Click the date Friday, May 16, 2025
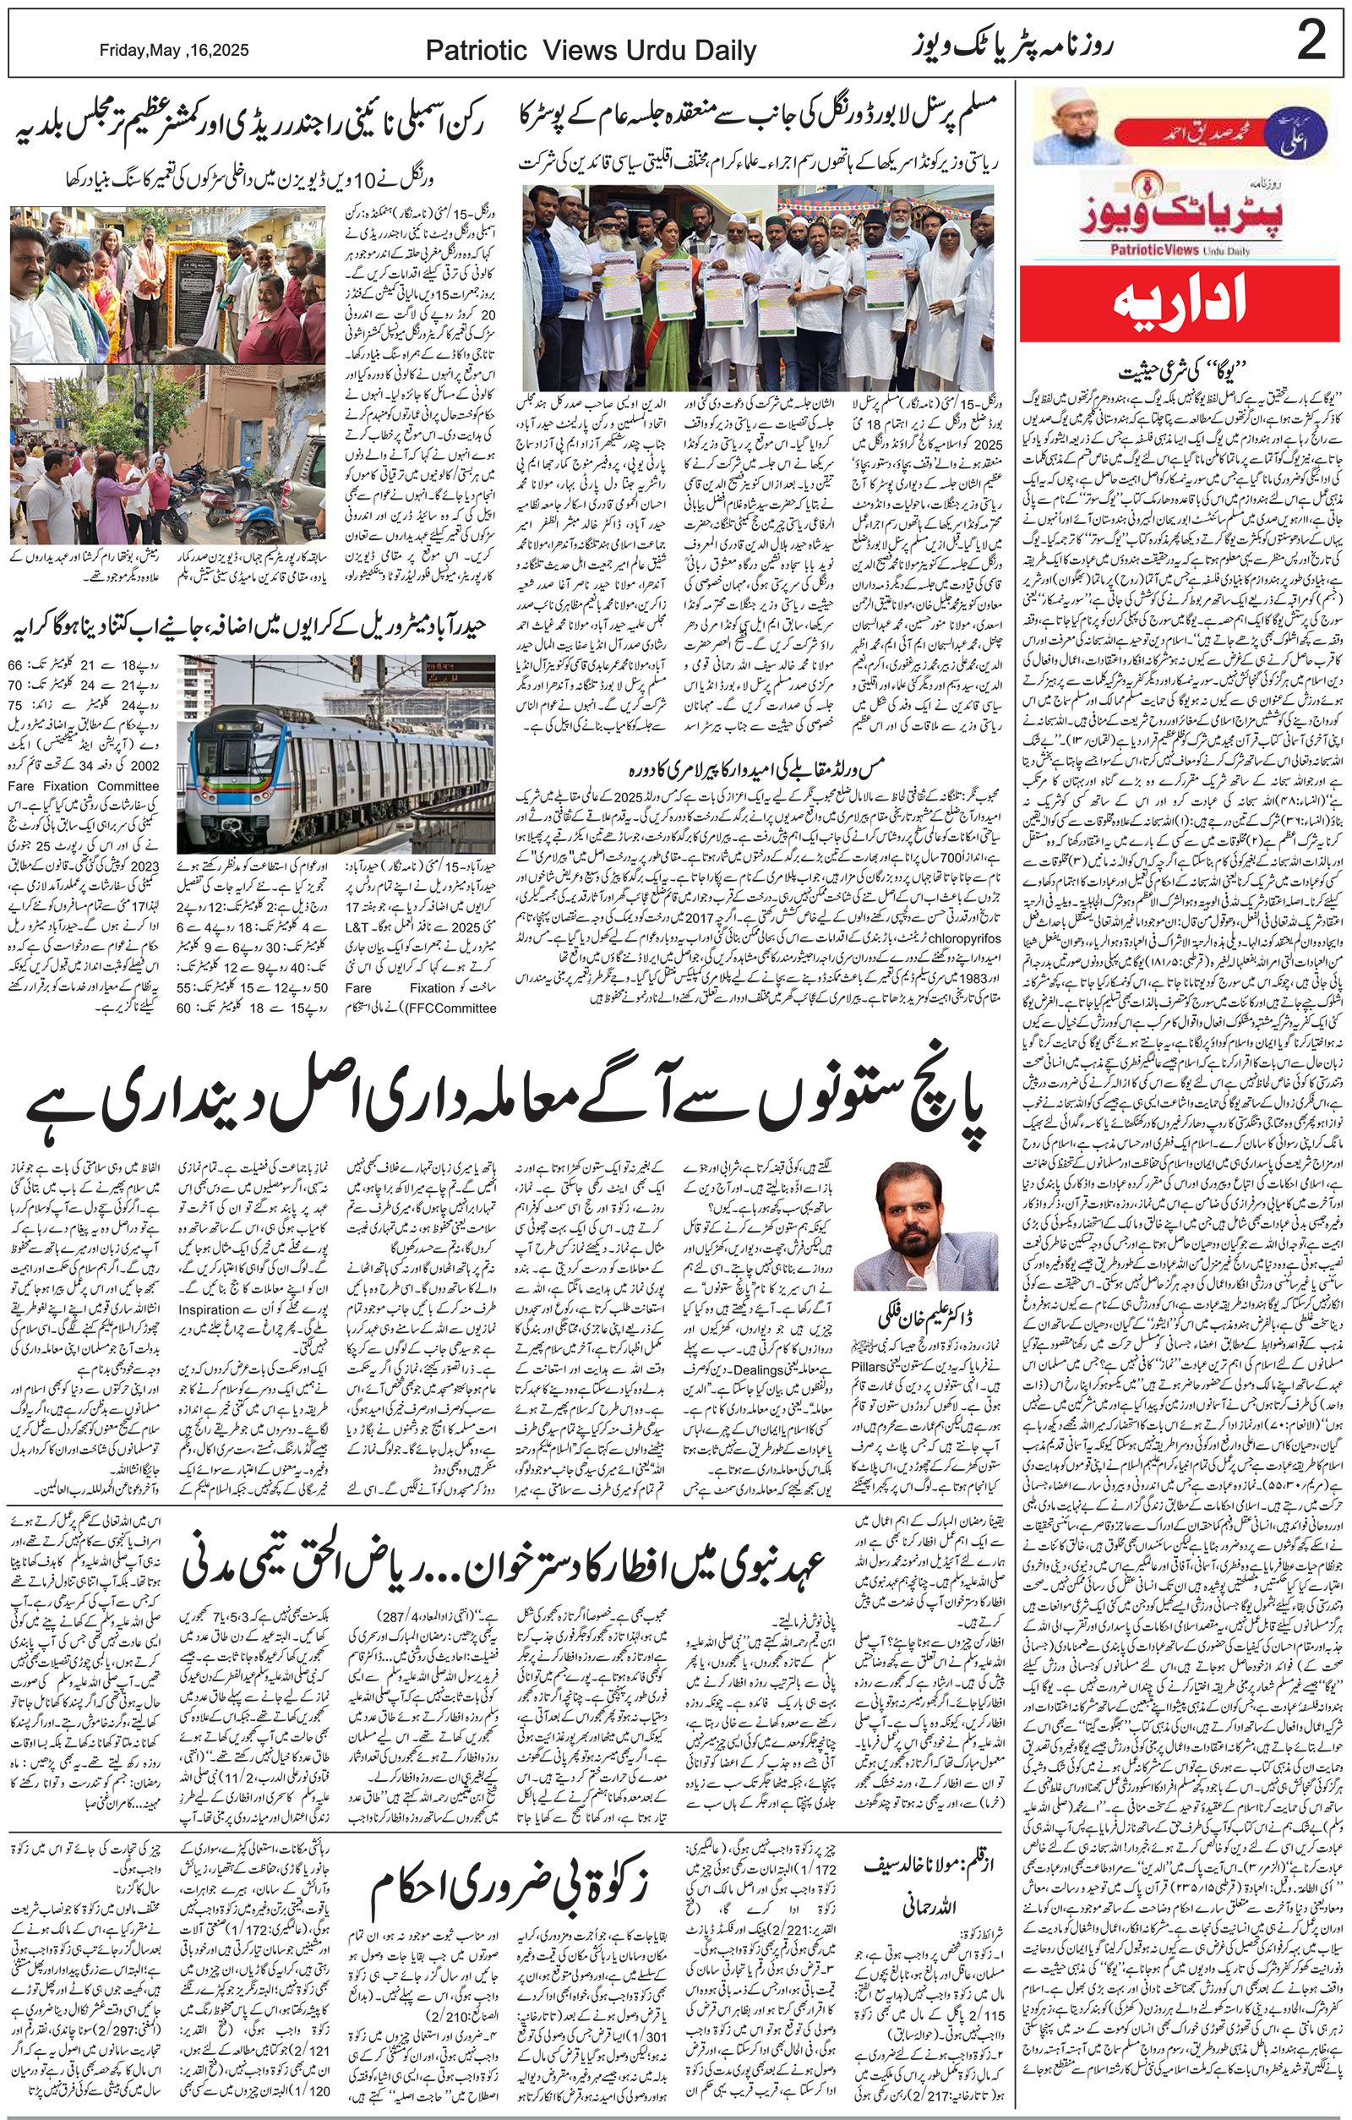[x=173, y=50]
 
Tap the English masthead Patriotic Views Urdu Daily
[x=591, y=51]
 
